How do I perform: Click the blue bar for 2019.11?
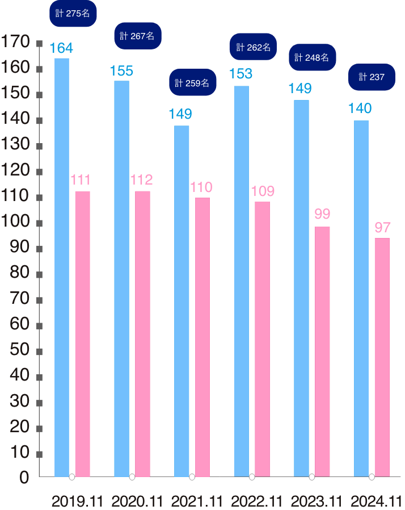click(62, 267)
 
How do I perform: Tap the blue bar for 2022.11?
click(241, 281)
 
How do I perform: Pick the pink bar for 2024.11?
click(382, 357)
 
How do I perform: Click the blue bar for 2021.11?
click(182, 301)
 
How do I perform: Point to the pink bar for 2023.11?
click(322, 352)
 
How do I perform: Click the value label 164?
click(61, 48)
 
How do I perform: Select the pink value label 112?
click(141, 180)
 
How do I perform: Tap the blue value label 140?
click(360, 108)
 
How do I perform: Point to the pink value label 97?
click(383, 228)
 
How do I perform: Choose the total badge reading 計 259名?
click(193, 83)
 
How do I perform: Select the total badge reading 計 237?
click(372, 77)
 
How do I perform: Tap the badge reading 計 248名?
click(313, 57)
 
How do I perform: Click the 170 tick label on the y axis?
click(15, 42)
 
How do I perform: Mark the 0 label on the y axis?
click(24, 478)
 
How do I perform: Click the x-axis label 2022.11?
click(256, 501)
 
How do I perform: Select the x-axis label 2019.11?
click(78, 501)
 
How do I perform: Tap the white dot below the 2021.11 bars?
click(192, 477)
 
